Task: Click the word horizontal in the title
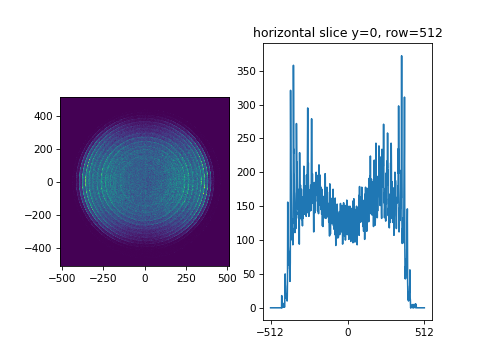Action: point(283,33)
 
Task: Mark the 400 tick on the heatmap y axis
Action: point(42,116)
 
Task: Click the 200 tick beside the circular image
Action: point(42,149)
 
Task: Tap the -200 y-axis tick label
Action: point(39,215)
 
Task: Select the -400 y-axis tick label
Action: point(39,248)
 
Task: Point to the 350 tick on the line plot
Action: point(245,72)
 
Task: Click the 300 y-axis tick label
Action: point(245,105)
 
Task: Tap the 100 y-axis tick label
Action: point(245,241)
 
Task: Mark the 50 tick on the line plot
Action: point(248,275)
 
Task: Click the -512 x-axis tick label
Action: point(270,331)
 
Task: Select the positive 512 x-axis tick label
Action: point(424,331)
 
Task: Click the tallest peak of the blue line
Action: point(402,57)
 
